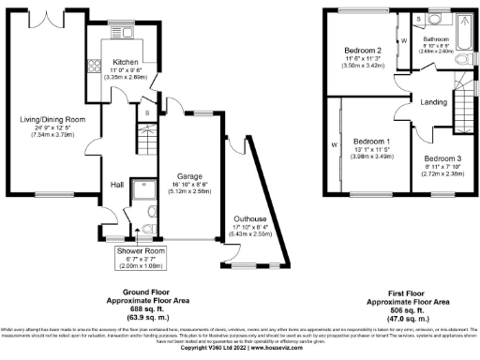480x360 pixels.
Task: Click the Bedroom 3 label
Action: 442,158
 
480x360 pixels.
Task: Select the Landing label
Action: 433,102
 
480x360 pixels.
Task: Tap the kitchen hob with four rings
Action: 94,67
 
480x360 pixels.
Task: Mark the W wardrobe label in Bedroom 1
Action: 334,145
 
